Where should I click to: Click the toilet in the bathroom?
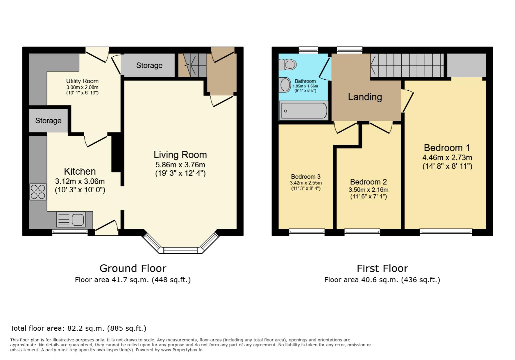click(288, 64)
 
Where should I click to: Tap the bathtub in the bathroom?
click(304, 111)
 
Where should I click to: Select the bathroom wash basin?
click(285, 85)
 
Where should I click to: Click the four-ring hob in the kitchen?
click(38, 192)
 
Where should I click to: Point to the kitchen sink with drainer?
click(71, 220)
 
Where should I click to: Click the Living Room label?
click(180, 155)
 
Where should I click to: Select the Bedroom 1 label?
click(447, 148)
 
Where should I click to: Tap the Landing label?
click(365, 97)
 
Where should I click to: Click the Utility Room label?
click(82, 81)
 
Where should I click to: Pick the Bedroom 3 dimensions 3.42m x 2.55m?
click(306, 183)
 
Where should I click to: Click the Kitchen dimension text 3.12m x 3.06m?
click(80, 181)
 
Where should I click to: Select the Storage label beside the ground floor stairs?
click(149, 65)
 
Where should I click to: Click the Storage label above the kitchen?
click(48, 120)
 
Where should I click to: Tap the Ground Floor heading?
click(133, 268)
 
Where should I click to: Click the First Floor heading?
click(382, 268)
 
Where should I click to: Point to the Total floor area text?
click(78, 328)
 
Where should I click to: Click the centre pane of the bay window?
click(180, 250)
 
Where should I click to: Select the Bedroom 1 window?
click(446, 232)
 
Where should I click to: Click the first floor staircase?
click(407, 65)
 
